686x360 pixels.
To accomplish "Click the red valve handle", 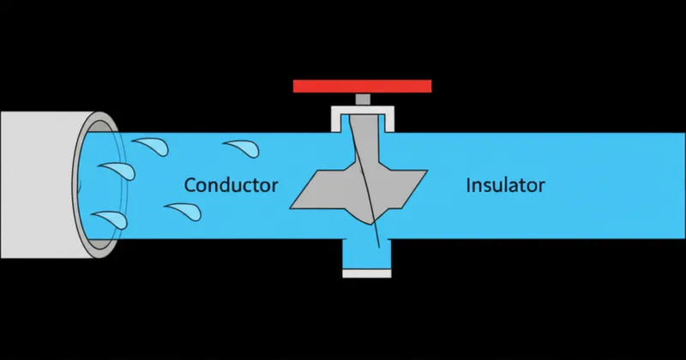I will [x=361, y=86].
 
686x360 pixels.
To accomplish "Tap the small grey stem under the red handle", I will [x=362, y=99].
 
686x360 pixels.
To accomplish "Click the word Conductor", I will [x=232, y=184].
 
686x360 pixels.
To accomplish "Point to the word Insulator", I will [x=505, y=184].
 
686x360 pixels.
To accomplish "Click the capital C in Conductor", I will [x=190, y=184].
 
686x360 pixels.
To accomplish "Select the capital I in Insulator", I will [x=468, y=184].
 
